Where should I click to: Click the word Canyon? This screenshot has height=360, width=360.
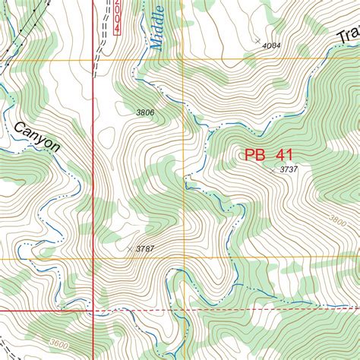[x=36, y=134]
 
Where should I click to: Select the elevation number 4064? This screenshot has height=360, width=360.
[x=271, y=46]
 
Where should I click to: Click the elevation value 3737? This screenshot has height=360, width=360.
[x=288, y=169]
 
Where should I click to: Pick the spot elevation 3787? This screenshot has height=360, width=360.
[x=145, y=248]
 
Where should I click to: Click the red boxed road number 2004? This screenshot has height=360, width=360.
[x=116, y=16]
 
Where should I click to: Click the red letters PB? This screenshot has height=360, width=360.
[x=254, y=155]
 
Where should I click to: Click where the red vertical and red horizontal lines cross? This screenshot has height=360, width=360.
[x=93, y=311]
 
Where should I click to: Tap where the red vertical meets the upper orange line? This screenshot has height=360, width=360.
[x=93, y=59]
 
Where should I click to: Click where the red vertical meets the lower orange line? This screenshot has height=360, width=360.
[x=93, y=258]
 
